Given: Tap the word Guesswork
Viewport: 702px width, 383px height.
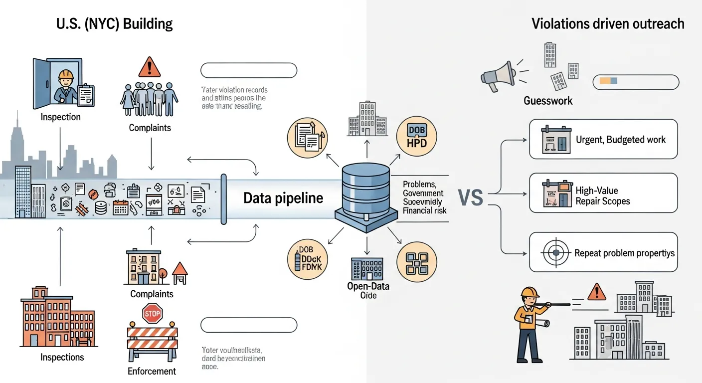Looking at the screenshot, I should [548, 101].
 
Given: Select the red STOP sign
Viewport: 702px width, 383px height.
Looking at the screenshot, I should [153, 314].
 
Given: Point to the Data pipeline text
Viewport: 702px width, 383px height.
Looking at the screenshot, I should [283, 198].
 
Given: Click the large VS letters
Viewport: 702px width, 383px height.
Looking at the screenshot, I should [470, 198].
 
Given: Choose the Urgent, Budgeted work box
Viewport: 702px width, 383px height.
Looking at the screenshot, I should [603, 139].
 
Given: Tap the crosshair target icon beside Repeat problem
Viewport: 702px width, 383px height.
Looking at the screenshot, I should [555, 253].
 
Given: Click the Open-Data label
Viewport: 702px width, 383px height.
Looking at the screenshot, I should [368, 286].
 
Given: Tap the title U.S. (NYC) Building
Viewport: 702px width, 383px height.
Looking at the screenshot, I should [114, 23].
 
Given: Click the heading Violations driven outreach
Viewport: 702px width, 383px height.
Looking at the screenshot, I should [608, 23].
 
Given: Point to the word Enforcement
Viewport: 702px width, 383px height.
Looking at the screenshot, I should [152, 371].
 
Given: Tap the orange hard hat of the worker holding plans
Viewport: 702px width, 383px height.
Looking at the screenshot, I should [530, 292].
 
